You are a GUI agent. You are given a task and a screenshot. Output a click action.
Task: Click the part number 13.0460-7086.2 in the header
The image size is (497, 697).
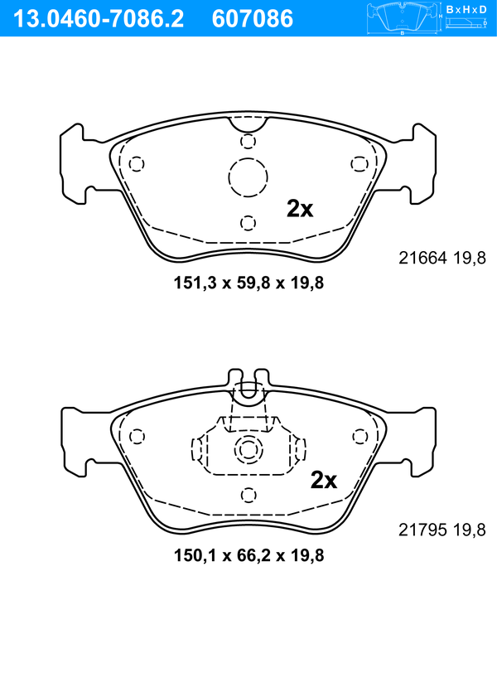(x=99, y=19)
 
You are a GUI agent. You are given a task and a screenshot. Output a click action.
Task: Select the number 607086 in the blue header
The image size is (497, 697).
(x=253, y=19)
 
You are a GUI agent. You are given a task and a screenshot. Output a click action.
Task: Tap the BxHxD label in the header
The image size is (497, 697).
(x=466, y=9)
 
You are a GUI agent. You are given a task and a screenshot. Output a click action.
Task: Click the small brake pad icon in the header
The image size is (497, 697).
(x=402, y=18)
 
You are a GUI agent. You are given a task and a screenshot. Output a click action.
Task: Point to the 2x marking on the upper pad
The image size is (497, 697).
(x=300, y=209)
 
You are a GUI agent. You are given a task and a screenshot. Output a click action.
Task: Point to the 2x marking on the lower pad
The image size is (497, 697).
(x=323, y=480)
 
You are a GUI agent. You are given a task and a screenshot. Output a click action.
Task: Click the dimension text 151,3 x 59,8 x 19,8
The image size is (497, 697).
(x=248, y=283)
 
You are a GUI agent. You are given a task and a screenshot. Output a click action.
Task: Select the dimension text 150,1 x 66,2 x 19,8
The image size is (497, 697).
(x=248, y=555)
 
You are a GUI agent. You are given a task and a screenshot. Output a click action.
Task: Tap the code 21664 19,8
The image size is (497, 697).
(x=442, y=258)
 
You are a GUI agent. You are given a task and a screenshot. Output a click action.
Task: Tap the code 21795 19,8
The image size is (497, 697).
(x=442, y=530)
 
